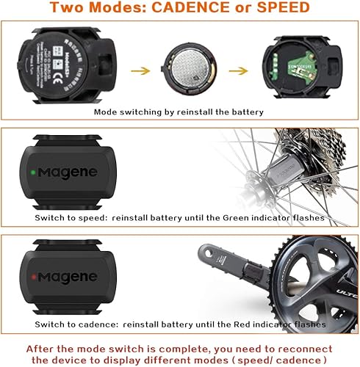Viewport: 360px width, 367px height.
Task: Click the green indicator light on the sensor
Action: pyautogui.click(x=35, y=173)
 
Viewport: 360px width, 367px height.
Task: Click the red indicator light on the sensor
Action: pyautogui.click(x=35, y=276)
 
